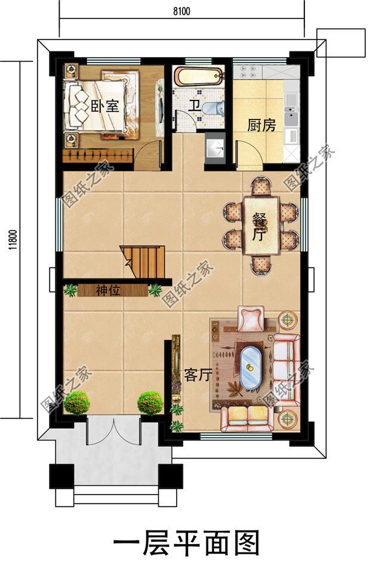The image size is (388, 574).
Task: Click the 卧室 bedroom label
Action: coord(105,107)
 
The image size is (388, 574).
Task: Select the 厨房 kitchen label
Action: coord(261,125)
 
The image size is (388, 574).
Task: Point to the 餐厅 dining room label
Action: coord(258,226)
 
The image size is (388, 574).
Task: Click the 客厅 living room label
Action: coord(198,375)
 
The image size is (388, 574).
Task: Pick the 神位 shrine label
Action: coord(109,291)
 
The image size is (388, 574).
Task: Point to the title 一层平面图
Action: coord(187,544)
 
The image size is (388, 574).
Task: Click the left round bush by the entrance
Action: coord(77,403)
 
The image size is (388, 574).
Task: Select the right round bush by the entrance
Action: coord(150,403)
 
